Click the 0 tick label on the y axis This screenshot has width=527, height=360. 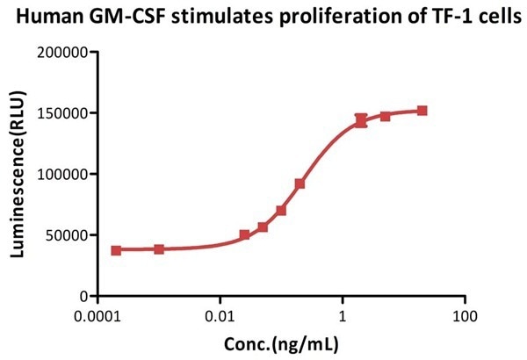click(82, 296)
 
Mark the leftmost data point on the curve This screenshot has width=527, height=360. click(116, 250)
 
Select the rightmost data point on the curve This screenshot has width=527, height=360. click(422, 111)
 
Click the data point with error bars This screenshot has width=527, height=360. click(361, 120)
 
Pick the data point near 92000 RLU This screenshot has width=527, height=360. click(300, 184)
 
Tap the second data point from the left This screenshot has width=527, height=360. click(159, 249)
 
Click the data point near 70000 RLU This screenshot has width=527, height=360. click(281, 211)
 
